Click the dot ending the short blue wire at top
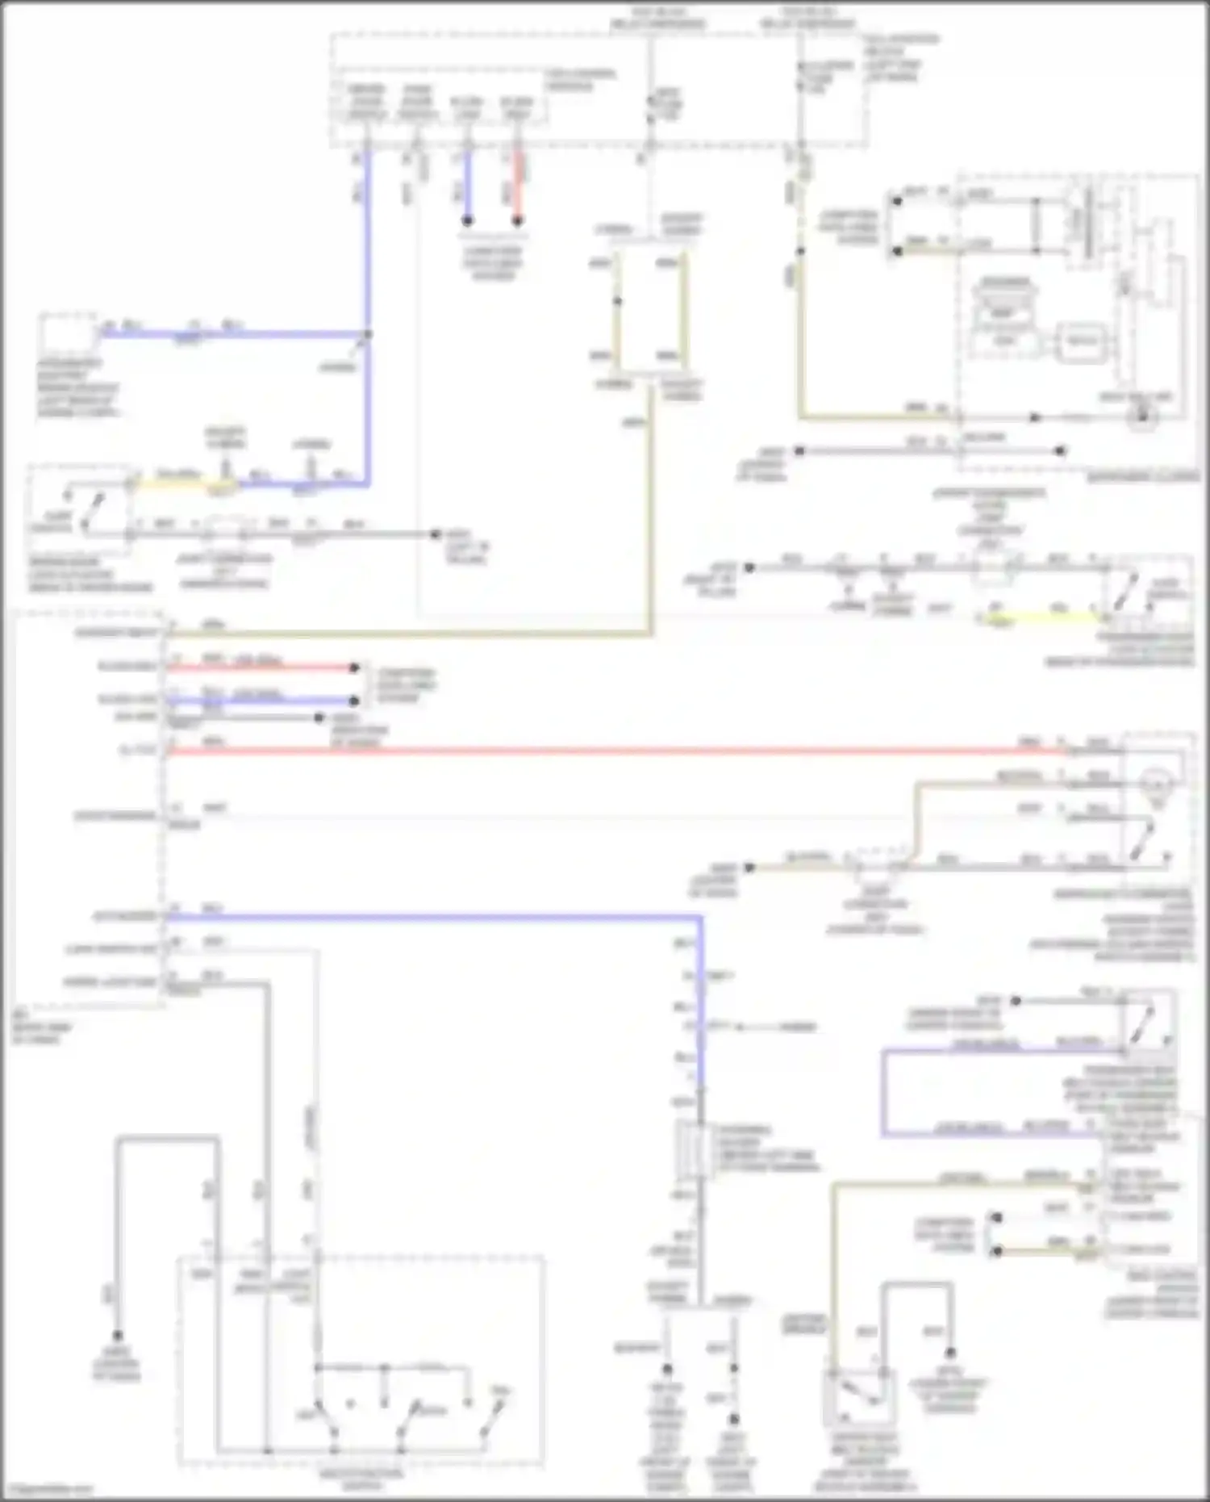[x=467, y=220]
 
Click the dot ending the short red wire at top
[x=518, y=220]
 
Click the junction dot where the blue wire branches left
[x=367, y=334]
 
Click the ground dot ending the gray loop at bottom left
[x=118, y=1336]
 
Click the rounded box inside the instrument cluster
[x=1082, y=341]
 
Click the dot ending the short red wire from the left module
[x=353, y=667]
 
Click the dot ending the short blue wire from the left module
[x=353, y=701]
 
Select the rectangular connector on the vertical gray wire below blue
[x=687, y=1146]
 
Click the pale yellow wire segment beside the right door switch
[x=1041, y=617]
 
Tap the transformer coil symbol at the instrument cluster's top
[x=1085, y=222]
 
